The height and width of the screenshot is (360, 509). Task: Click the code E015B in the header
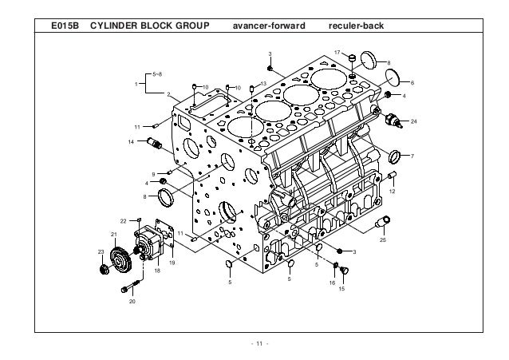tap(63, 26)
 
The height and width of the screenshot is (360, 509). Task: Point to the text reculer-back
tap(357, 26)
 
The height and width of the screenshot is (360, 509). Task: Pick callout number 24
tap(414, 121)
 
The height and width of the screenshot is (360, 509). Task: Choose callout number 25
tap(382, 239)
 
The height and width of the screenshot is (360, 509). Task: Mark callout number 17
tap(337, 52)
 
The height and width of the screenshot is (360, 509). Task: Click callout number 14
tap(131, 141)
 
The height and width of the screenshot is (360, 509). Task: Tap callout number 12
tap(393, 192)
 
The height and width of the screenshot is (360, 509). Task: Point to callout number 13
tap(263, 83)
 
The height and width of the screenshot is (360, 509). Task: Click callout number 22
tap(124, 220)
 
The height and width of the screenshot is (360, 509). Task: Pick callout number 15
tap(342, 288)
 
